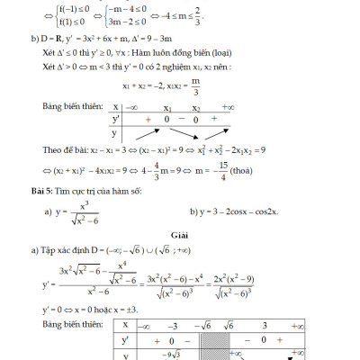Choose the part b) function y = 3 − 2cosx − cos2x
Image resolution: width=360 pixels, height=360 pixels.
pyautogui.click(x=238, y=212)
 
